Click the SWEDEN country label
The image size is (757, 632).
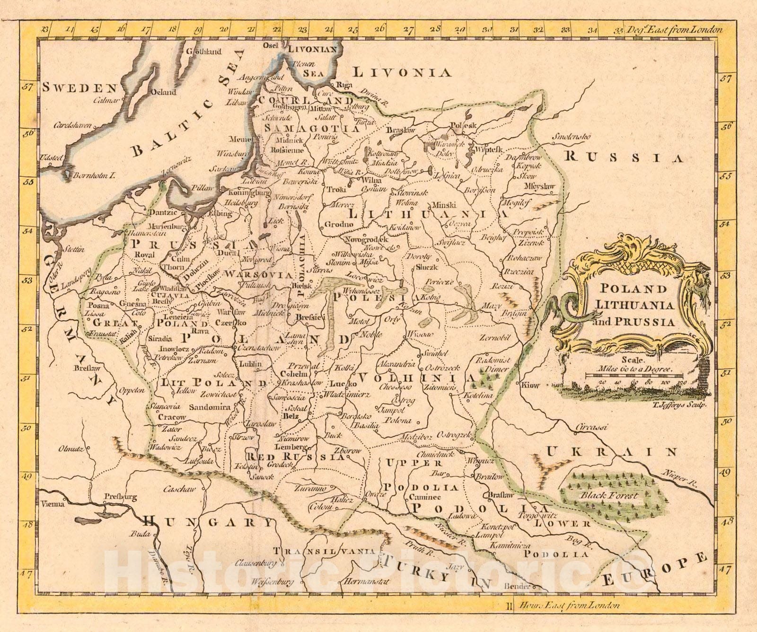pos(79,87)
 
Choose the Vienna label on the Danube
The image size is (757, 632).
pos(52,504)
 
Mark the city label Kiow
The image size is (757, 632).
pos(530,385)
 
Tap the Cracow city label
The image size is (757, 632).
pos(172,417)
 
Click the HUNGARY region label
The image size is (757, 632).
pos(208,522)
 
